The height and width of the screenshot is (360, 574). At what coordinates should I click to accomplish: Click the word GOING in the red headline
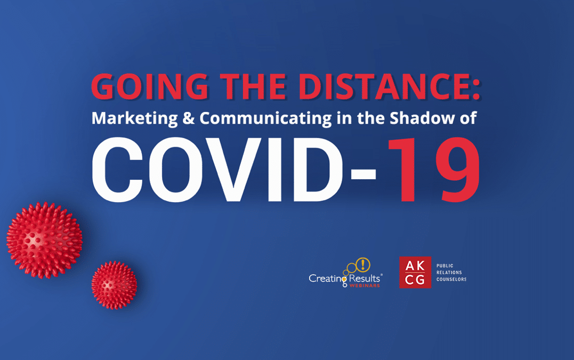click(x=150, y=86)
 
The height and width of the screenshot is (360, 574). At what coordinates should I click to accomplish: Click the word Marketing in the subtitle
click(x=134, y=118)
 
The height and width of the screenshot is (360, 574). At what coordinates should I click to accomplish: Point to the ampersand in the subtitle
click(x=189, y=118)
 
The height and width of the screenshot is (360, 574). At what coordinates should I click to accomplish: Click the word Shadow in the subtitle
click(x=422, y=118)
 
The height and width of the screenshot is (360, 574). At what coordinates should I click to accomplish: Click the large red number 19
click(x=434, y=170)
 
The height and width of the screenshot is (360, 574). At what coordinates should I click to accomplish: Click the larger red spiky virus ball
click(x=44, y=240)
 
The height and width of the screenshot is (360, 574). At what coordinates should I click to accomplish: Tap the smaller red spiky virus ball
click(x=114, y=285)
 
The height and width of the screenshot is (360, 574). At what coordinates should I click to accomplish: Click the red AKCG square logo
click(x=415, y=272)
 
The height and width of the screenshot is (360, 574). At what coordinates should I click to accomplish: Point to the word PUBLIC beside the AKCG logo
click(x=445, y=266)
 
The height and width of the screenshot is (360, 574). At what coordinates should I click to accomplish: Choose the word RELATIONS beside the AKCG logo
click(x=449, y=273)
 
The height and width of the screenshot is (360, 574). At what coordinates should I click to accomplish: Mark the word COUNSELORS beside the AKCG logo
click(x=451, y=279)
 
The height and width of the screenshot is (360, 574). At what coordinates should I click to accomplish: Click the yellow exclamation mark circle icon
click(x=363, y=265)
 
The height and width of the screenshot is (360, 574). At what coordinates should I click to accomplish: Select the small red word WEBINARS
click(x=365, y=285)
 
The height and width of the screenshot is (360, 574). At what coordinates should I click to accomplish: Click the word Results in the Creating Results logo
click(x=364, y=278)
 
